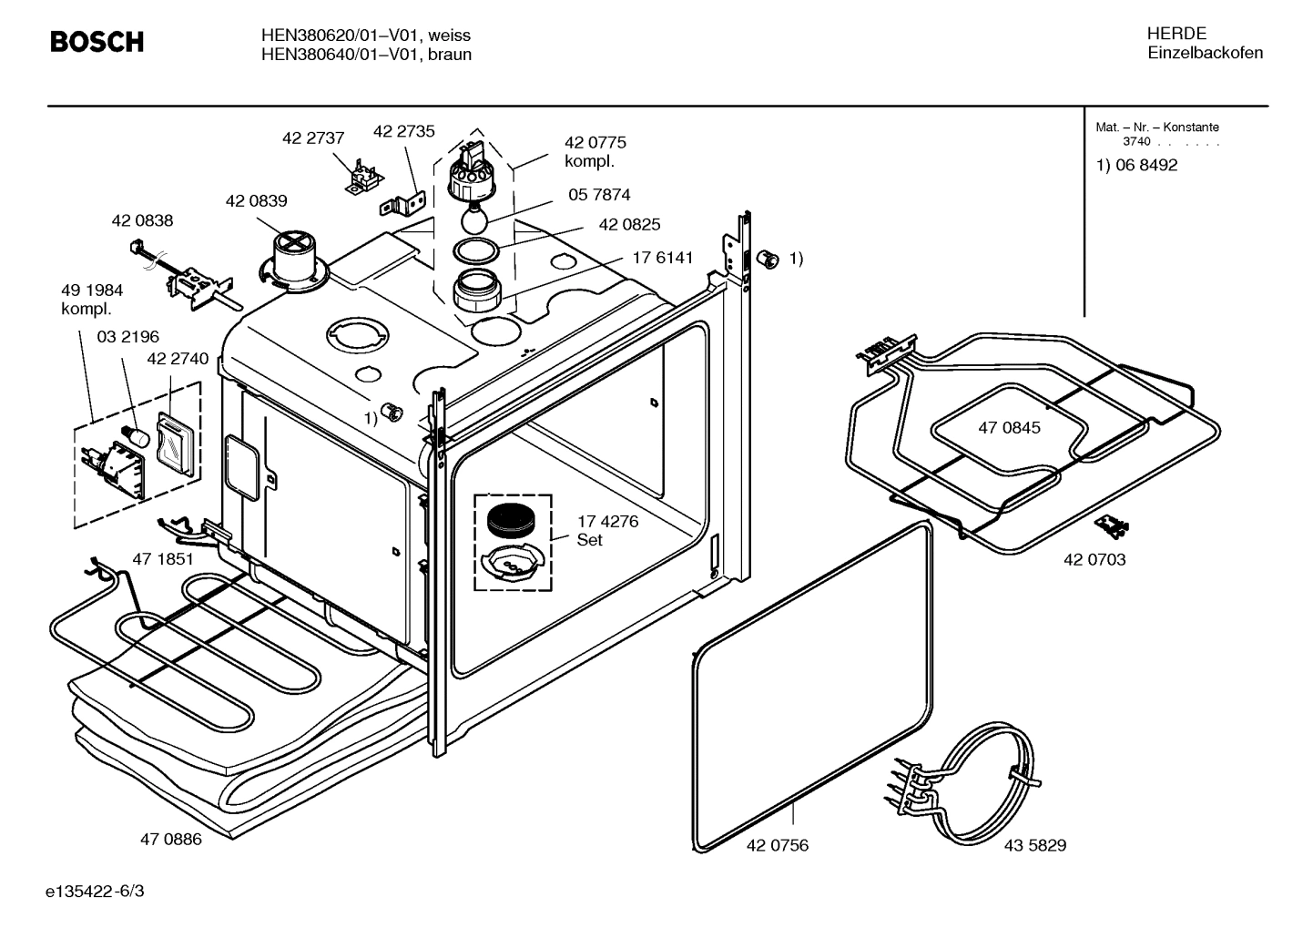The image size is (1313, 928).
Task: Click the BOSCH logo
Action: tap(97, 42)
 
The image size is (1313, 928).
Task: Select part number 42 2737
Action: tap(313, 138)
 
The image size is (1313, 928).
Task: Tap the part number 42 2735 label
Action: tap(404, 131)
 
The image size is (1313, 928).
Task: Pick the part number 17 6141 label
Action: tap(663, 258)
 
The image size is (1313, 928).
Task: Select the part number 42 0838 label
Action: tap(142, 220)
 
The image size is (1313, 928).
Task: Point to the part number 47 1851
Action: tap(163, 559)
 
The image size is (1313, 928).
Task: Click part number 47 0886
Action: tap(170, 840)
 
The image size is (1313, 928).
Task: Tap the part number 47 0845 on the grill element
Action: tap(1009, 427)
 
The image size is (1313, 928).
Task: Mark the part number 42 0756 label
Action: tap(777, 845)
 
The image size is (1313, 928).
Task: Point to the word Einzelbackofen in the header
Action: tap(1205, 53)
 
